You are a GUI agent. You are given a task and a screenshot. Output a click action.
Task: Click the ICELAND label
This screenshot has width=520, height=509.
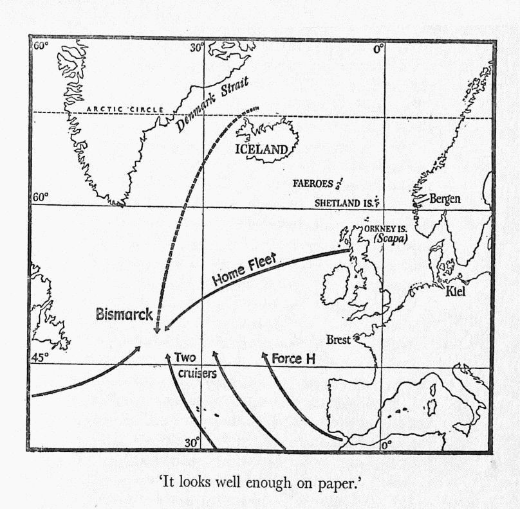tap(261, 150)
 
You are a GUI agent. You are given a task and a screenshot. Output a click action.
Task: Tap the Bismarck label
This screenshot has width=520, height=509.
tap(124, 315)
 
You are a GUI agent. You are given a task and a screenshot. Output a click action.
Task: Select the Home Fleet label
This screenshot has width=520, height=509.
tap(244, 269)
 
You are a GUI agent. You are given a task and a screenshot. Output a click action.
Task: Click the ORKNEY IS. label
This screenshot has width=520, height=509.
tap(384, 228)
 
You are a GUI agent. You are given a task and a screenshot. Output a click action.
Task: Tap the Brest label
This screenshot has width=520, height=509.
tap(337, 339)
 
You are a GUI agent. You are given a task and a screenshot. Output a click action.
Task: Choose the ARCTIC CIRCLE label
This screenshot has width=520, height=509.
tap(124, 110)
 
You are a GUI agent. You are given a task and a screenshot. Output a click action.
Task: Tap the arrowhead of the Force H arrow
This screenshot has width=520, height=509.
tap(263, 355)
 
